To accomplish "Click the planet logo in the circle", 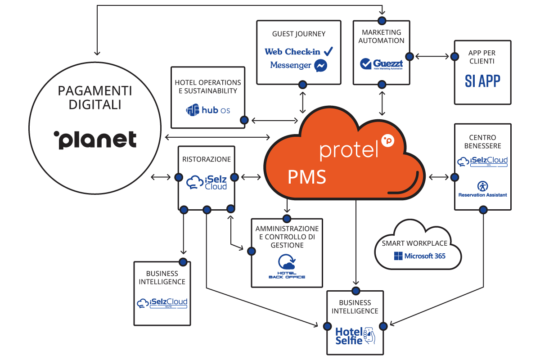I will coord(95,138).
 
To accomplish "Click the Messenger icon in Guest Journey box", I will coord(321,66).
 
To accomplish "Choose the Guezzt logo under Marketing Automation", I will coord(382,63).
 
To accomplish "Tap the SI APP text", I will coord(483,80).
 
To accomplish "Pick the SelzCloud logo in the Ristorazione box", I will coord(207,183).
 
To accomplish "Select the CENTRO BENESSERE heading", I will coord(482,137).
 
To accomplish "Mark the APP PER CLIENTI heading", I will coord(482,57).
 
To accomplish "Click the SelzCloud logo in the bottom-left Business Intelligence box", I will coord(162,302).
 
